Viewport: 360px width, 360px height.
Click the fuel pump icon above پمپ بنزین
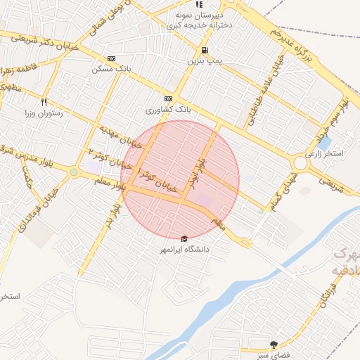pyautogui.click(x=205, y=50)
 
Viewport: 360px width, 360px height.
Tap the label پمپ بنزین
pyautogui.click(x=205, y=61)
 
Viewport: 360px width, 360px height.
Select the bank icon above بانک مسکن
pyautogui.click(x=111, y=58)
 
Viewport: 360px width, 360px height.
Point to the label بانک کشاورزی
pyautogui.click(x=168, y=110)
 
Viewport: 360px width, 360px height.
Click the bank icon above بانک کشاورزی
pyautogui.click(x=168, y=99)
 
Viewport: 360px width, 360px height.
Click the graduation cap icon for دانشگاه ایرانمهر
pyautogui.click(x=185, y=238)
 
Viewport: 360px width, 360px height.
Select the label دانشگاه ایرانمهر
pyautogui.click(x=185, y=249)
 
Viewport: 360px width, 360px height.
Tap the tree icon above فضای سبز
pyautogui.click(x=274, y=345)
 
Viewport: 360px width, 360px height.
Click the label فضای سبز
pyautogui.click(x=274, y=355)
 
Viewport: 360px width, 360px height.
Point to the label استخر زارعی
pyautogui.click(x=324, y=153)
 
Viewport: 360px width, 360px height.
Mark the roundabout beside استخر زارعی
pyautogui.click(x=300, y=162)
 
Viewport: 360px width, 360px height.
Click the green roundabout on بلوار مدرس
pyautogui.click(x=74, y=172)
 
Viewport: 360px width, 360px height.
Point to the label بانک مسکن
pyautogui.click(x=111, y=70)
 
